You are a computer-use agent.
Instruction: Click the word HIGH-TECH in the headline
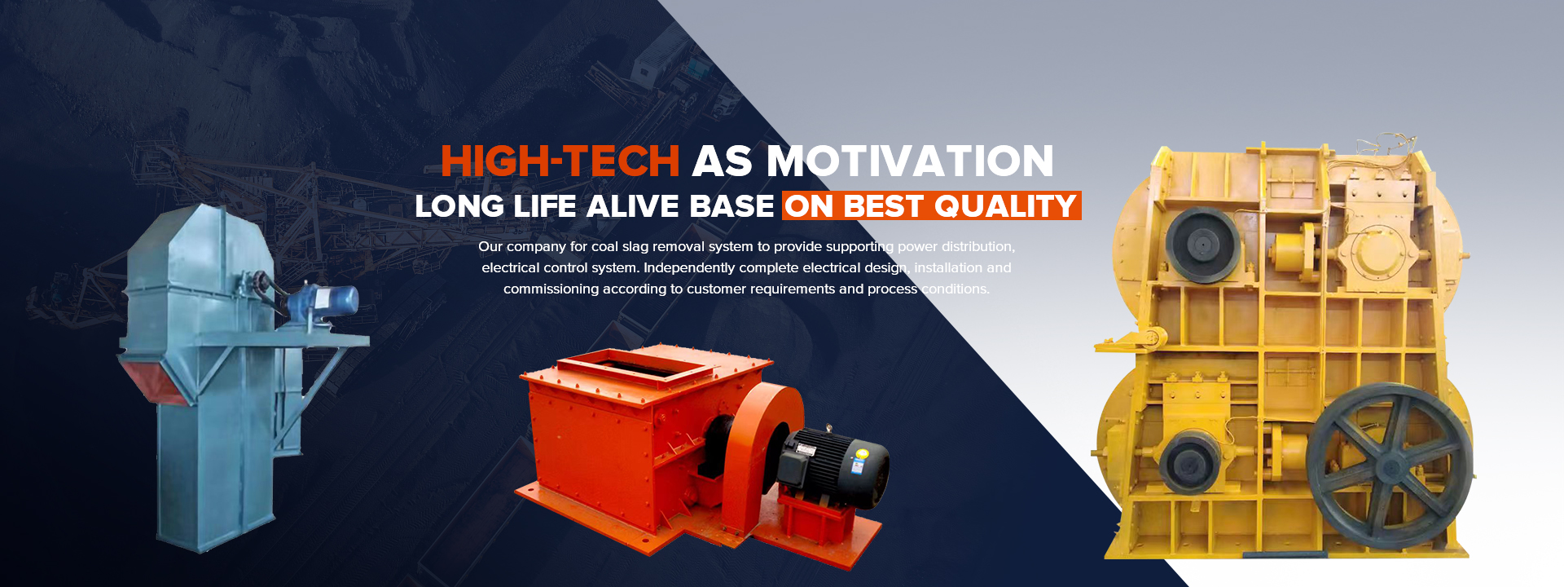point(560,161)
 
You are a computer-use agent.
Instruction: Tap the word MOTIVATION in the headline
point(910,161)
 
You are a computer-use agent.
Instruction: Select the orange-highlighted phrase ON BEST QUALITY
point(932,206)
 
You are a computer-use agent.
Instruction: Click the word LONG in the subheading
point(459,206)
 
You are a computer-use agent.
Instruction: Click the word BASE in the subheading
point(731,206)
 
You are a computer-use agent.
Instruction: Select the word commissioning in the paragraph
point(551,289)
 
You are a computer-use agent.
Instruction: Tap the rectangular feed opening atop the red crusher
point(640,364)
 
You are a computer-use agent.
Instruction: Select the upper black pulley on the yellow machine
point(1202,244)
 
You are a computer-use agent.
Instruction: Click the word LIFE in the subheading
point(546,206)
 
